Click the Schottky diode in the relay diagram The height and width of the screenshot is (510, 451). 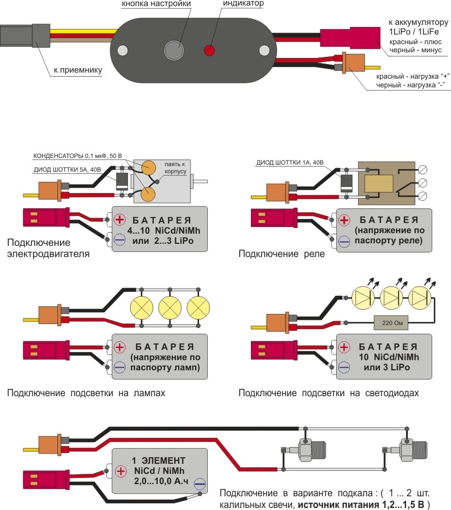point(346,181)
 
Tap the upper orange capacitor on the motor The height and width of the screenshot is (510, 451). point(149,168)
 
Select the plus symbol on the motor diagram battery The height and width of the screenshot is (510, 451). point(120,219)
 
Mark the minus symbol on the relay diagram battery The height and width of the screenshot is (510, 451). point(344,242)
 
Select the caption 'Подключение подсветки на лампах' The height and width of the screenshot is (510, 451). point(86,393)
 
